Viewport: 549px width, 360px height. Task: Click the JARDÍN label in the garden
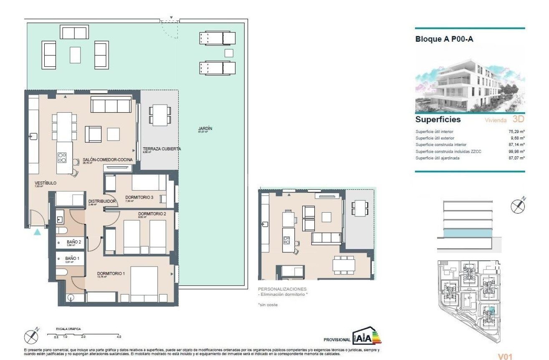click(x=205, y=128)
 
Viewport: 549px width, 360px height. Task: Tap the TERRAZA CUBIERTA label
click(x=162, y=149)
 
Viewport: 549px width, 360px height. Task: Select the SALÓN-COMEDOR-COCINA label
click(x=108, y=160)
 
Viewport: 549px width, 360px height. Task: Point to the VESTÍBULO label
click(x=45, y=183)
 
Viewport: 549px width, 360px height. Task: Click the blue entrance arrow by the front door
click(x=38, y=232)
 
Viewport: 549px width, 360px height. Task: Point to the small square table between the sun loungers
click(x=229, y=53)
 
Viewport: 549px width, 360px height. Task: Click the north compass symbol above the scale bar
click(x=32, y=335)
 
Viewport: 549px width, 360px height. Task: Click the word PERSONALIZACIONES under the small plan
click(x=282, y=289)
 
